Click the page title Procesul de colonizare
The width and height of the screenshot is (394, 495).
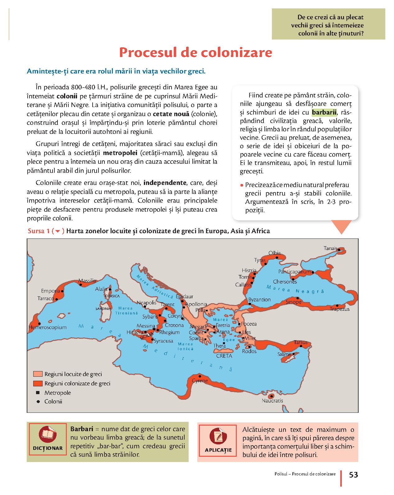[195, 53]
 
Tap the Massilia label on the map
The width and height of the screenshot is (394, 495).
[87, 281]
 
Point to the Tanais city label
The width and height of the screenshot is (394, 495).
[330, 248]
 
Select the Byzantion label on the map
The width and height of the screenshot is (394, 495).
[259, 299]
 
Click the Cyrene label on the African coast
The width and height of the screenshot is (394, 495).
[200, 381]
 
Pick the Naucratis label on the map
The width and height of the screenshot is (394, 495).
[272, 401]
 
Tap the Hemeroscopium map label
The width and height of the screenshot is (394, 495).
[48, 327]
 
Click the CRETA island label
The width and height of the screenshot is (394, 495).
[224, 356]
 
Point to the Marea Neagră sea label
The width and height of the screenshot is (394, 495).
[295, 290]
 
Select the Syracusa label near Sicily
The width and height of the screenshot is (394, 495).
[163, 341]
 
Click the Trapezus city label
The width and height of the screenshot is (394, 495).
[340, 309]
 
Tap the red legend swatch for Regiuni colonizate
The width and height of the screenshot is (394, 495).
[38, 384]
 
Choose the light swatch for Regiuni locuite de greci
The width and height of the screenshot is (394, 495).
[38, 374]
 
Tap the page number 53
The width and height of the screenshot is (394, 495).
[354, 475]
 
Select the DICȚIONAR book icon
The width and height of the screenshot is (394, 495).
[47, 435]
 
